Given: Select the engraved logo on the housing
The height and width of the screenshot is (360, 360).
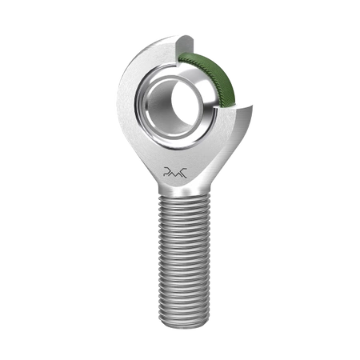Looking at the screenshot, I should (x=179, y=170).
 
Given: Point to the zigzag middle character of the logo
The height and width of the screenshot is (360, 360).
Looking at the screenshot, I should (x=179, y=171).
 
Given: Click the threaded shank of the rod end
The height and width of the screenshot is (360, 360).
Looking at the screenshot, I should (x=179, y=256).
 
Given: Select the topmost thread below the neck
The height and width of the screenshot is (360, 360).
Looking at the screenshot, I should (x=179, y=200).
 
